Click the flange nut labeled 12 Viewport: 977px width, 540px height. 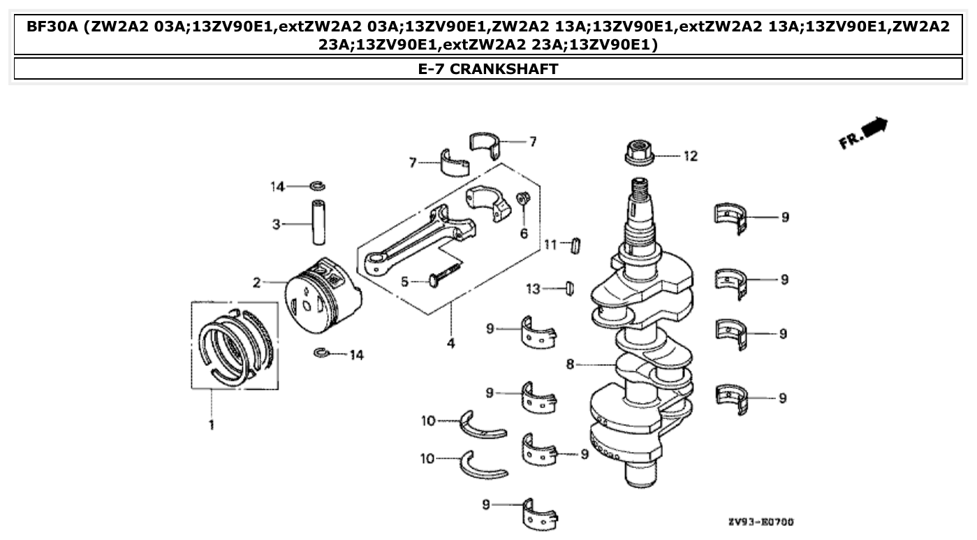[x=638, y=155]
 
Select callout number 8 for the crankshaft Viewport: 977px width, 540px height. [x=571, y=364]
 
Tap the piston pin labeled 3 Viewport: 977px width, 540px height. [x=320, y=224]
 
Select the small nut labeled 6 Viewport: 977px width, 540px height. [x=522, y=200]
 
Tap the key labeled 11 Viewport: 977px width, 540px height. [x=577, y=245]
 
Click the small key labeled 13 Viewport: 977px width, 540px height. [x=568, y=287]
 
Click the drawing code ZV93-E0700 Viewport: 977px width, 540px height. [x=761, y=522]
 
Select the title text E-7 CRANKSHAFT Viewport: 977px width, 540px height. [x=487, y=68]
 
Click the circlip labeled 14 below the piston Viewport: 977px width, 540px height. [x=323, y=353]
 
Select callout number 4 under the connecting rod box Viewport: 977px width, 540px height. [x=450, y=343]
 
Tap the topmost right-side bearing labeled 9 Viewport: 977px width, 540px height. [x=732, y=216]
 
